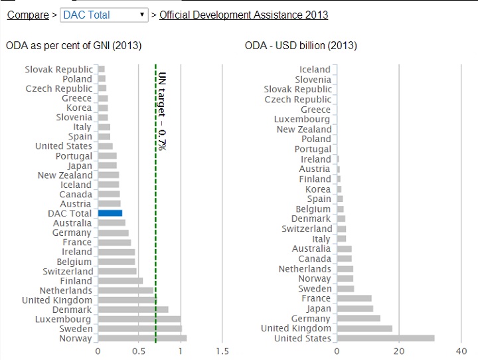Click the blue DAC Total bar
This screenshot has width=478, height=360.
(110, 213)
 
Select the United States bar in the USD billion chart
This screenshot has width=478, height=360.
(386, 338)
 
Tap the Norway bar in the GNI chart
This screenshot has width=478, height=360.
(142, 338)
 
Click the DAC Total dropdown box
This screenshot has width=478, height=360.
(104, 15)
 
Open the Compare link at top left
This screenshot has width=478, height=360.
(28, 15)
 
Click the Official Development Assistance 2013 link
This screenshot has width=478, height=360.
(244, 15)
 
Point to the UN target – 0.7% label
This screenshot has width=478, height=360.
(162, 111)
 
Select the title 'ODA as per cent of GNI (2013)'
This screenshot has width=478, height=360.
(74, 45)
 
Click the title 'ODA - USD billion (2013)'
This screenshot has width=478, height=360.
(301, 45)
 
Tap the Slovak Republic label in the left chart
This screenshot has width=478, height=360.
(58, 69)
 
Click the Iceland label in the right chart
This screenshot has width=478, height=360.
(315, 69)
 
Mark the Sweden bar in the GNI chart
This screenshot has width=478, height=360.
(139, 329)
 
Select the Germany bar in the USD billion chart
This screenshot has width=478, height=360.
(358, 318)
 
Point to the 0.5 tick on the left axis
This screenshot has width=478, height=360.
(139, 351)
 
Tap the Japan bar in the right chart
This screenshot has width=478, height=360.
(355, 308)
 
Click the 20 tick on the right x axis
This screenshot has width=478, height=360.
(399, 351)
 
